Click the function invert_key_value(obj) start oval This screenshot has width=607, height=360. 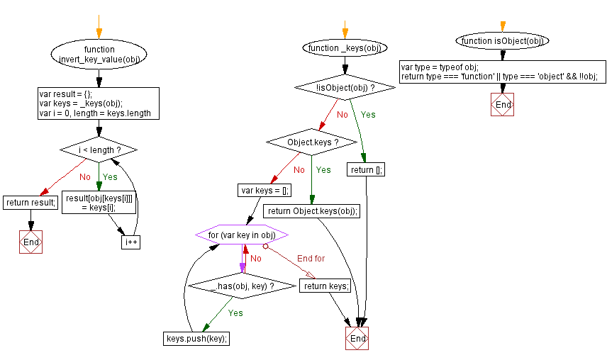(x=99, y=55)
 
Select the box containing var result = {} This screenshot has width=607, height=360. (x=99, y=103)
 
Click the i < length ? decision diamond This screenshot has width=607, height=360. (x=99, y=150)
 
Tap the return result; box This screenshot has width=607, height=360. (x=30, y=203)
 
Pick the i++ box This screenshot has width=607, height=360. (x=131, y=242)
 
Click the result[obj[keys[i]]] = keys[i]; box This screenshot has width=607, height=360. (x=99, y=203)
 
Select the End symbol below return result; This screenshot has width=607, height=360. (x=30, y=242)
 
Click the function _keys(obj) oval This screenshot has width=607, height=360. (x=345, y=48)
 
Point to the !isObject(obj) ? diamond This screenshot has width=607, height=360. (x=345, y=88)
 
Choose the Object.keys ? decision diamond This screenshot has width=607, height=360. (x=312, y=142)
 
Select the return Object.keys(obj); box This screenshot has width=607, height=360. (x=312, y=210)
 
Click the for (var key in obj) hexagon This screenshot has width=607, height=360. (x=242, y=235)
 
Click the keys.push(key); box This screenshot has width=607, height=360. (x=197, y=338)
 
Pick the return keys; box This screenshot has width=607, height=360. (x=325, y=286)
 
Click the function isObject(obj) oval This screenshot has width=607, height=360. (x=502, y=41)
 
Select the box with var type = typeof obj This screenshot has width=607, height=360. (x=502, y=72)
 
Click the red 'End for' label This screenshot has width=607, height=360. (x=310, y=259)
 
